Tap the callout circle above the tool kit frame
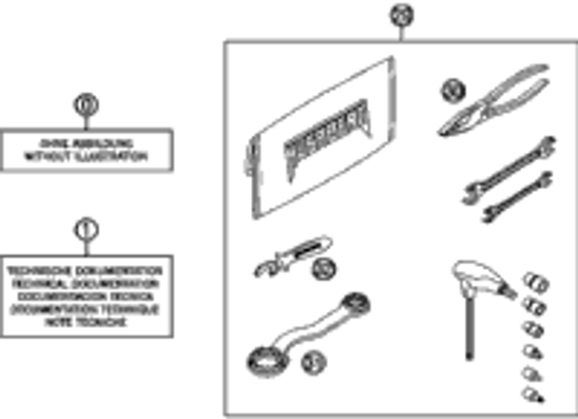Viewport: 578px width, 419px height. [400, 15]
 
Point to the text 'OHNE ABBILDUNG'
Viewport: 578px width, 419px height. [87, 143]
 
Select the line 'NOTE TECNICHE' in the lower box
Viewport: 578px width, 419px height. [87, 322]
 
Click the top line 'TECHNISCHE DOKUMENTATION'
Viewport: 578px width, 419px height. [87, 271]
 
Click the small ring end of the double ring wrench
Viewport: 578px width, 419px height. [356, 306]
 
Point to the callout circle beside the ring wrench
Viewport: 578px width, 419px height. [311, 360]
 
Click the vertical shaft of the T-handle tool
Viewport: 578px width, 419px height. [469, 323]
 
